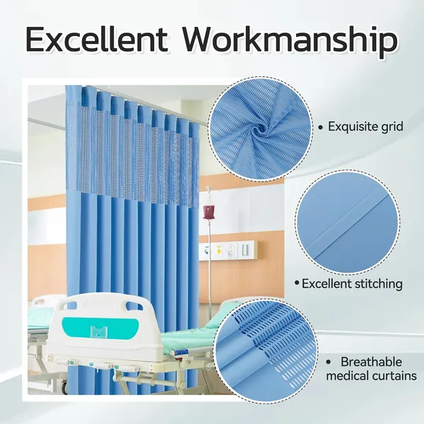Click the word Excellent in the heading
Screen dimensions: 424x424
pyautogui.click(x=98, y=41)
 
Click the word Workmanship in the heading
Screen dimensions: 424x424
pyautogui.click(x=290, y=41)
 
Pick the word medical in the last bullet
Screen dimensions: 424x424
pyautogui.click(x=349, y=376)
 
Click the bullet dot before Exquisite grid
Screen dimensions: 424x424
pyautogui.click(x=322, y=127)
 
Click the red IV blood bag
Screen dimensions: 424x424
pyautogui.click(x=208, y=211)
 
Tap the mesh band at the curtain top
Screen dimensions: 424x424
pyautogui.click(x=134, y=145)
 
